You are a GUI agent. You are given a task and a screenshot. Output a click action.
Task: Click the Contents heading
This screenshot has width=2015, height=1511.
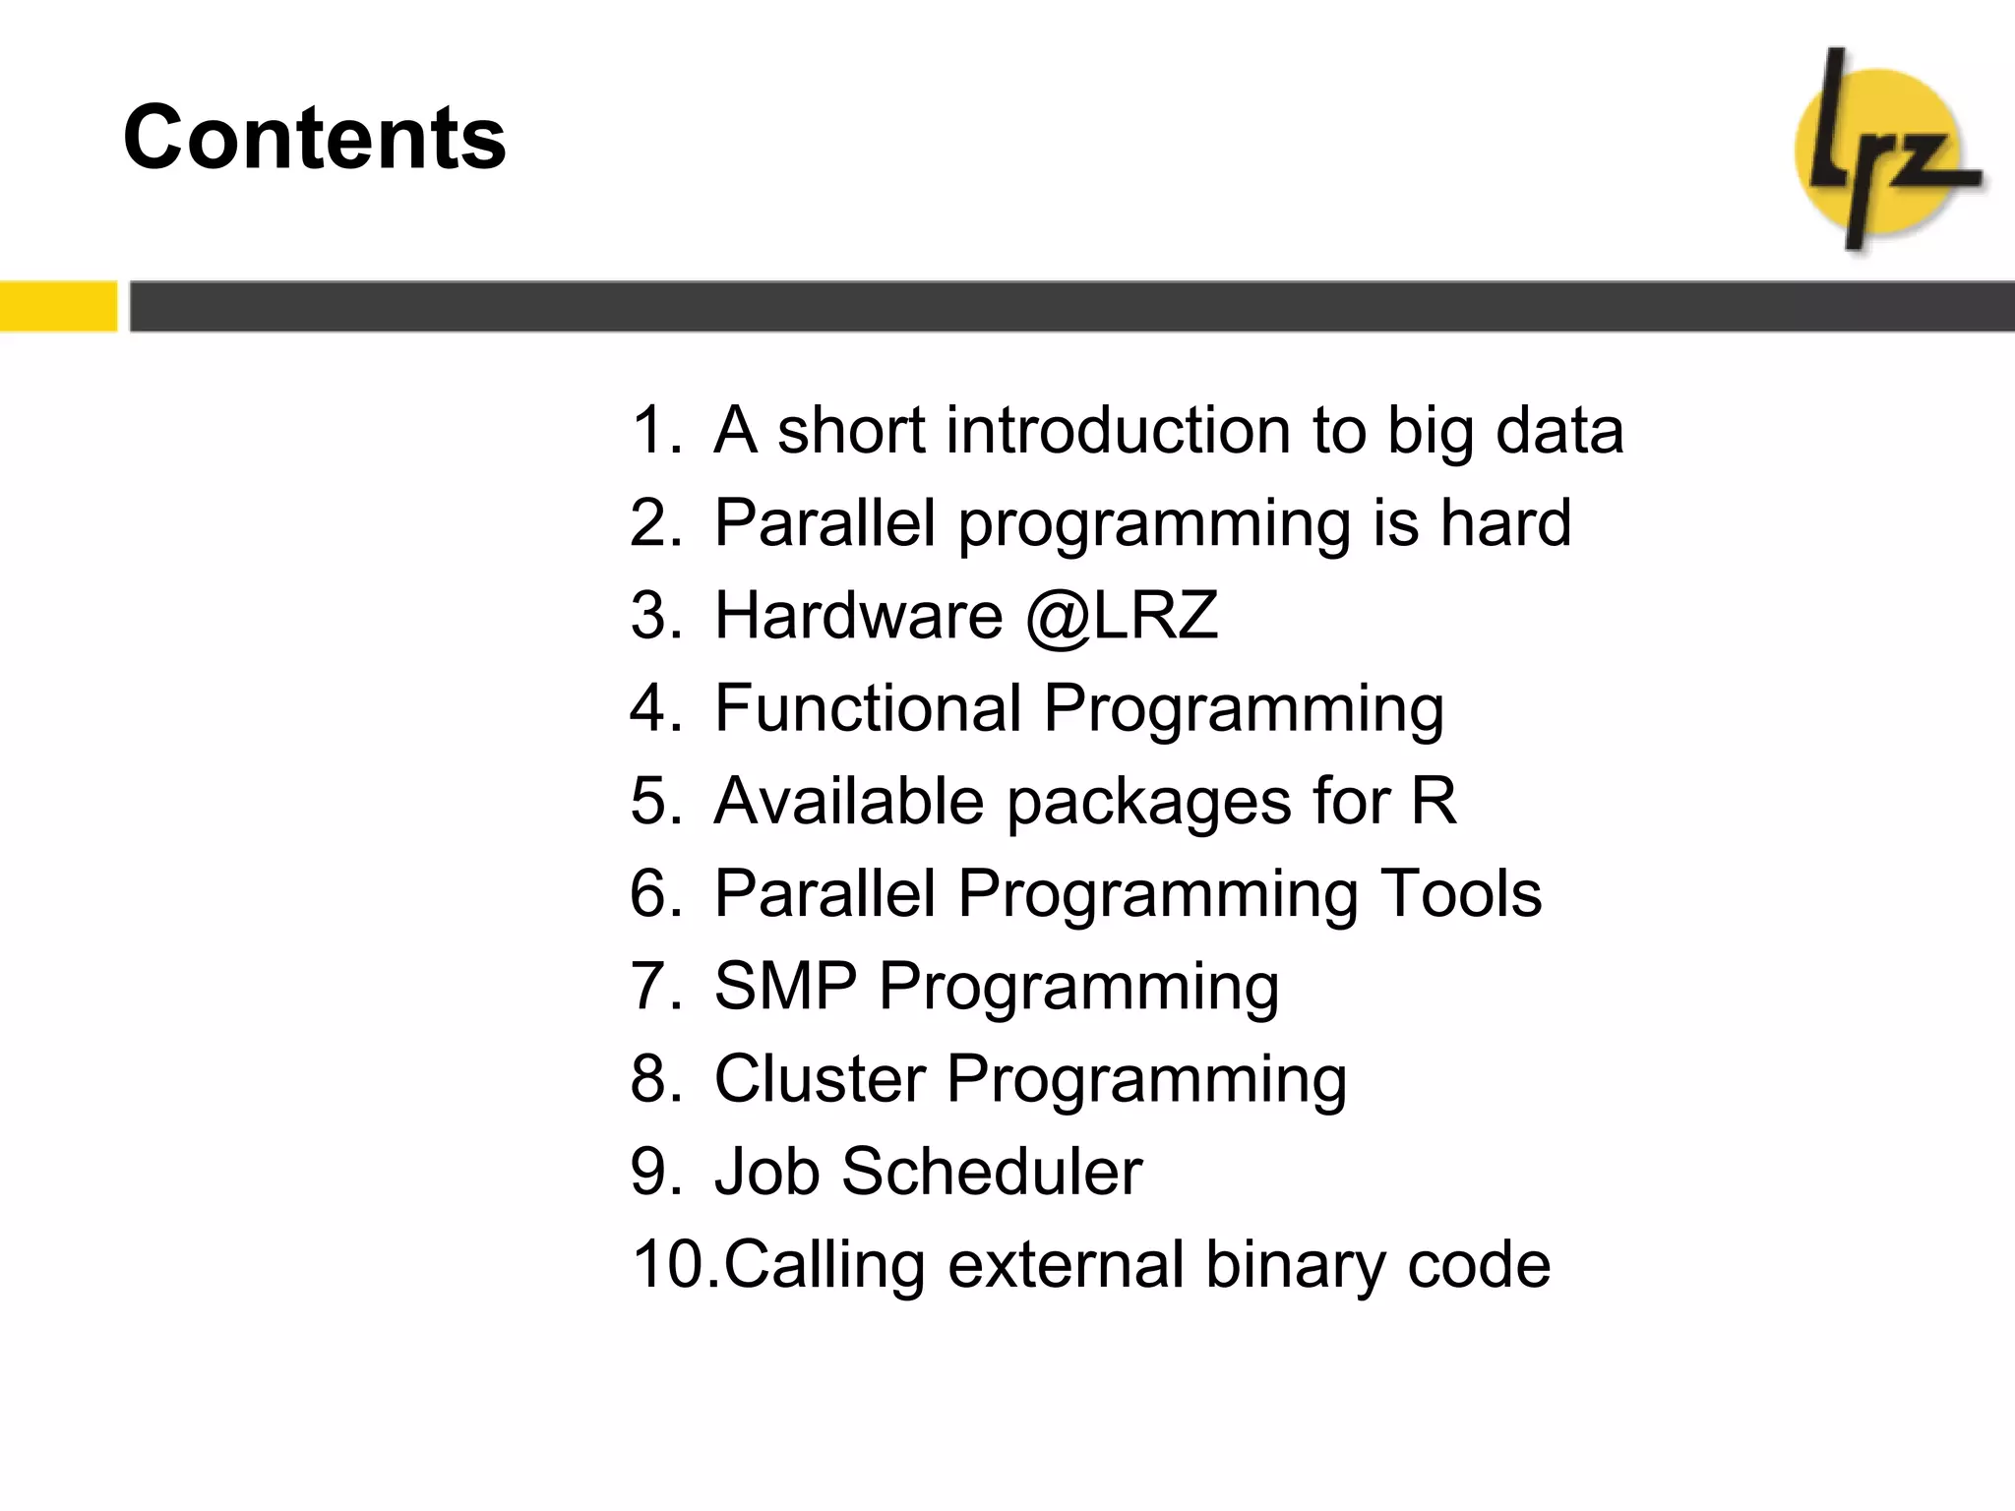coord(314,138)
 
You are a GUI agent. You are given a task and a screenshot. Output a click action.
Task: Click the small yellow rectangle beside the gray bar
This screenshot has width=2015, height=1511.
coord(58,306)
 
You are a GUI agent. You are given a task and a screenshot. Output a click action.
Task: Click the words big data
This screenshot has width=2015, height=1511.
coord(1504,430)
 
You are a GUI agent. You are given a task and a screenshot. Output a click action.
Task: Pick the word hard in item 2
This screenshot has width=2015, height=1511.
coord(1505,522)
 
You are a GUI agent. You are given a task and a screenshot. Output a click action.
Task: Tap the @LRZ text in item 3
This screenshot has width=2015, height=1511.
coord(1122,616)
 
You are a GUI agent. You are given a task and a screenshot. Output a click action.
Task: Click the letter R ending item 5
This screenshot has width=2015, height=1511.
coord(1434,800)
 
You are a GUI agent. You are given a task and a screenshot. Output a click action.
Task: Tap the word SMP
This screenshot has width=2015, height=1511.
coord(785,986)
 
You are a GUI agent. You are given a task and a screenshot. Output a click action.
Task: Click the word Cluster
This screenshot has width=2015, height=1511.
coord(819,1079)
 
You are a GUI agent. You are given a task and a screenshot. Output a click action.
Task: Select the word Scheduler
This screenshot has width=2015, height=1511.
coord(991,1172)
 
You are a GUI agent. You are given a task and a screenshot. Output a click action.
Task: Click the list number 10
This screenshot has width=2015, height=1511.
coord(671,1264)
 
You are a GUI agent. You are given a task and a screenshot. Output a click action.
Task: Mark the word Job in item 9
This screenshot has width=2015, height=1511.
coord(766,1172)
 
